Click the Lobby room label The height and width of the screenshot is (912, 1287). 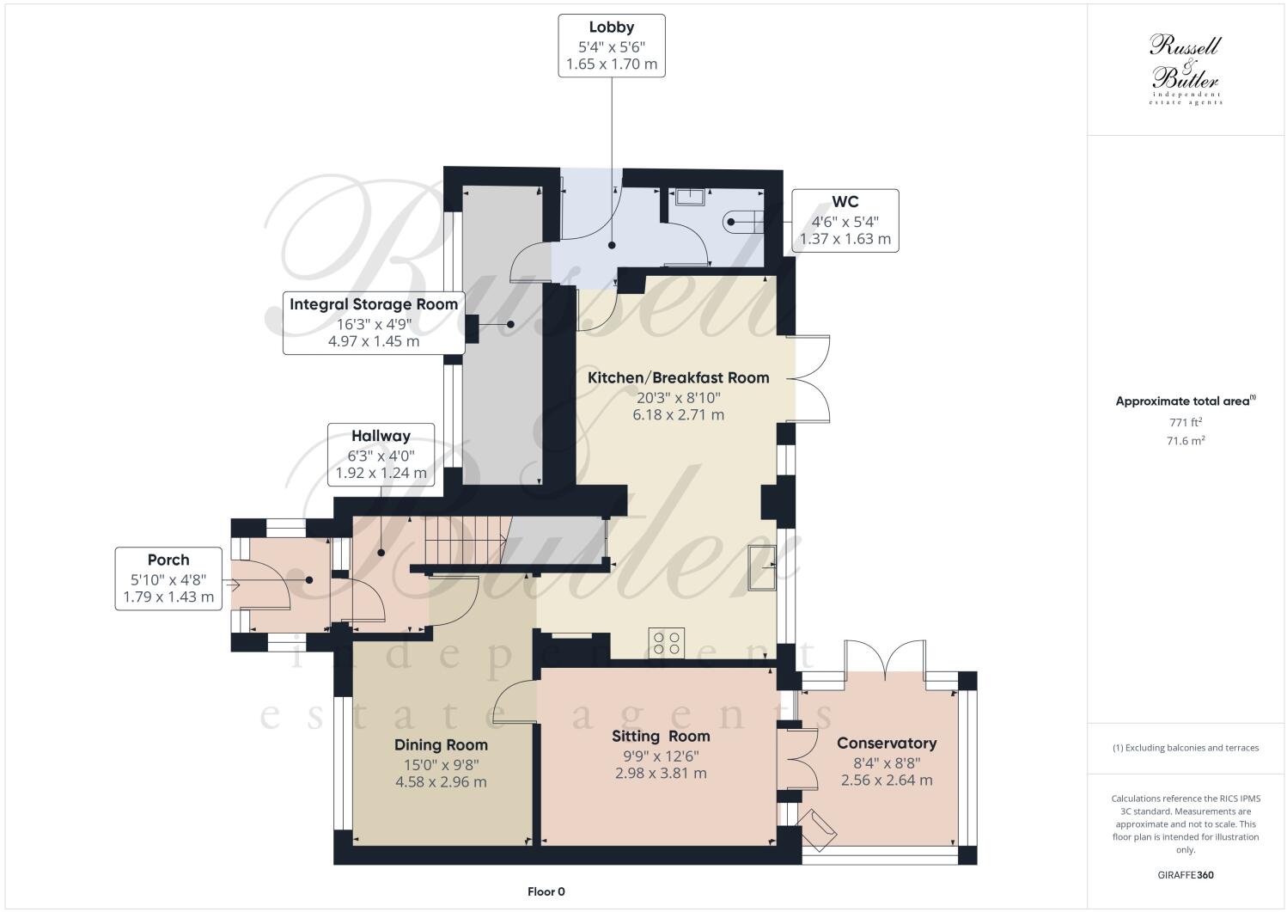612,27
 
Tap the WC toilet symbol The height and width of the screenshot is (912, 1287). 743,222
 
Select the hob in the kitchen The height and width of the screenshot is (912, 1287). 667,642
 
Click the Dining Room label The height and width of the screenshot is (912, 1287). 441,744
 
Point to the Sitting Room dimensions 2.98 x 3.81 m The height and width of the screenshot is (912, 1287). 661,774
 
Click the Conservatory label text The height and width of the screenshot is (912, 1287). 887,743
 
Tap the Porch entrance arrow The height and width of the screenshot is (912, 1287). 232,585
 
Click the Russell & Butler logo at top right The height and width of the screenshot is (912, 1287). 1186,69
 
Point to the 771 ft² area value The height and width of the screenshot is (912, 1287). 1186,422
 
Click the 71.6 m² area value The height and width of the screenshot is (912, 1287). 1186,441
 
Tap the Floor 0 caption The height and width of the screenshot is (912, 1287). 546,891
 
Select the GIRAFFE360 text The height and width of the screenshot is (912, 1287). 1186,875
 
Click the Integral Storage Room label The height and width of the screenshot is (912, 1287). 374,304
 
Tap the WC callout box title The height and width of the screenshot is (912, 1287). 845,202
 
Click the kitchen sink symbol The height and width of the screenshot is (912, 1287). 763,568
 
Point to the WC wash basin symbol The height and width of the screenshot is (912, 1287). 690,197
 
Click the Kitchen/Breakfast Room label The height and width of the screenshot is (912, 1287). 678,377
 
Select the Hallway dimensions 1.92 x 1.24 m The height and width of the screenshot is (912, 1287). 381,473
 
